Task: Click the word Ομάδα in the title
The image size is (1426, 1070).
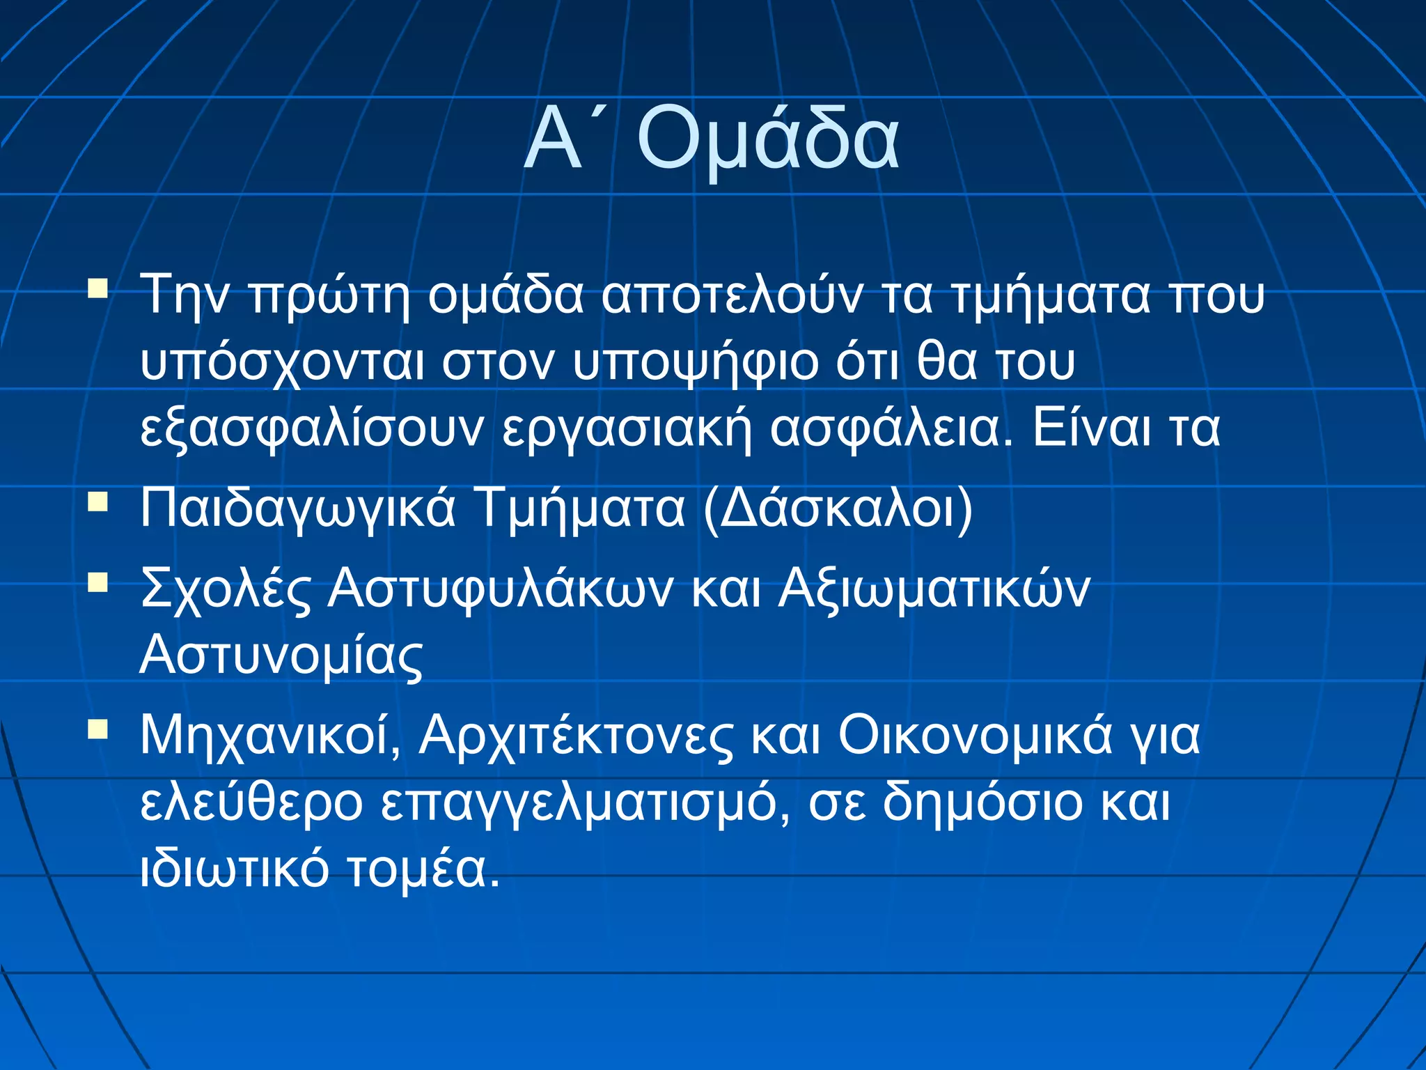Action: pyautogui.click(x=768, y=139)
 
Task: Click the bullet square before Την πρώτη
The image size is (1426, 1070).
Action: pyautogui.click(x=98, y=288)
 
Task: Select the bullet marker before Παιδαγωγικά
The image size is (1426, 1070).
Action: pyautogui.click(x=98, y=502)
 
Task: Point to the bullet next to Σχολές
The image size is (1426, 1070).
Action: pyautogui.click(x=98, y=582)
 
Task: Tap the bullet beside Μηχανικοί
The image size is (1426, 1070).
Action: pyautogui.click(x=98, y=729)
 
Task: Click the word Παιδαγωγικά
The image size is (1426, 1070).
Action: pyautogui.click(x=297, y=509)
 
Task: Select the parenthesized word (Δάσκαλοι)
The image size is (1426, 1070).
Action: pyautogui.click(x=838, y=509)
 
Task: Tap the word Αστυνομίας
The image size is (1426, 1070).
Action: pyautogui.click(x=281, y=656)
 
